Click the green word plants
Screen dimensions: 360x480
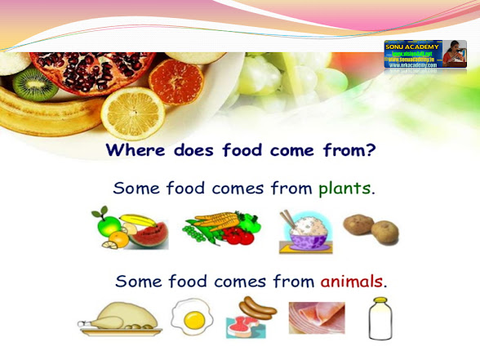(x=344, y=189)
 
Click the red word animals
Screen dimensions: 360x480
(x=350, y=282)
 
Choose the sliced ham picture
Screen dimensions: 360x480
(x=317, y=318)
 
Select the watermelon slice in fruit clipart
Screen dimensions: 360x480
(x=151, y=235)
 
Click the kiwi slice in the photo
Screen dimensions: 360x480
(x=33, y=84)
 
